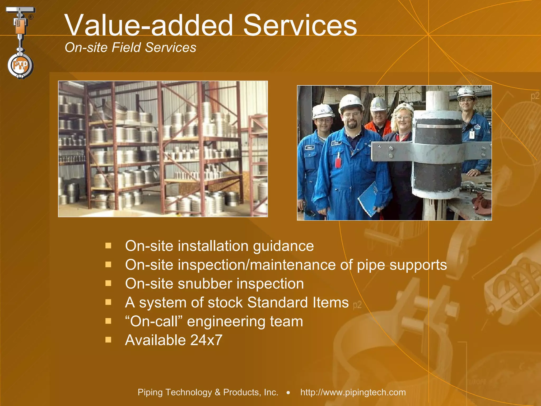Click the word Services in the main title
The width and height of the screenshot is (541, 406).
(x=300, y=25)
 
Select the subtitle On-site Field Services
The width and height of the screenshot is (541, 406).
(x=130, y=48)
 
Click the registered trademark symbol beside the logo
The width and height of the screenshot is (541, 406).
(x=31, y=17)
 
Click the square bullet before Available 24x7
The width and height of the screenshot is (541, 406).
(x=108, y=339)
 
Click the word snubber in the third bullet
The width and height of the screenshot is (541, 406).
(x=204, y=284)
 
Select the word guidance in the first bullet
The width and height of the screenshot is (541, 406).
(x=283, y=246)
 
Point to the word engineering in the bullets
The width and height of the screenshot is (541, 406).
(x=226, y=322)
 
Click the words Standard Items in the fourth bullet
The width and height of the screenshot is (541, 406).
(x=298, y=302)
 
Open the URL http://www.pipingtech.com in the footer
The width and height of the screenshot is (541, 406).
(x=353, y=392)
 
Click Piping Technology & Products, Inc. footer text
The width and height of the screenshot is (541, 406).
(x=208, y=392)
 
